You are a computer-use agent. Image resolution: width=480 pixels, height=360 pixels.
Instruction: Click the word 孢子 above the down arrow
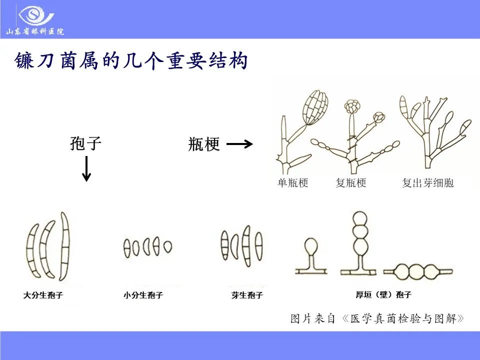point(86,144)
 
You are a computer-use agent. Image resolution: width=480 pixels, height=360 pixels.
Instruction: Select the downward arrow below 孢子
point(86,168)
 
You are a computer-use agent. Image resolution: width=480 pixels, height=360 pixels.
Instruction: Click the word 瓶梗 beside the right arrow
point(204,144)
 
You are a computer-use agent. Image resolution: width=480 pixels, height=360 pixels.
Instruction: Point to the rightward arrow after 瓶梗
point(239,144)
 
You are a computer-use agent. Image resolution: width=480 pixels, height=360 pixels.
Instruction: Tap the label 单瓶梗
point(293,183)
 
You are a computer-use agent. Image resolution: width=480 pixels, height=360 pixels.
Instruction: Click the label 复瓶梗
point(351,183)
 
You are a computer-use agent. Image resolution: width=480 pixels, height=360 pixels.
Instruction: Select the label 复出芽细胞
point(427,183)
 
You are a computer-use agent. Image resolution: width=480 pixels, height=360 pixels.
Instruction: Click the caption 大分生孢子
point(43,295)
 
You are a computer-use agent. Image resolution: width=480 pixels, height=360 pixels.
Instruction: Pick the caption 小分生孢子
point(143,295)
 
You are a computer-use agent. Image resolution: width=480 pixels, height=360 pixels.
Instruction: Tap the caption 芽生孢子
point(247,295)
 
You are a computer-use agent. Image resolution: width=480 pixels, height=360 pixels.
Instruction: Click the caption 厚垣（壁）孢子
point(383,295)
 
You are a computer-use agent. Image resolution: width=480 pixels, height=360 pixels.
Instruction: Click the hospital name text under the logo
point(35,32)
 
